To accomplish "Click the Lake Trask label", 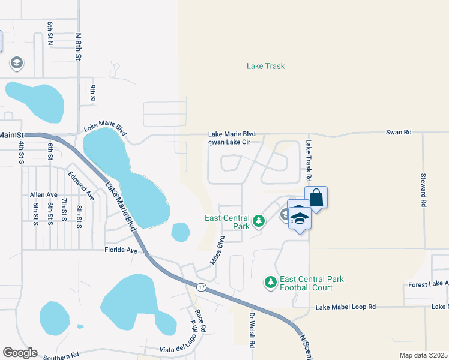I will pyautogui.click(x=265, y=66).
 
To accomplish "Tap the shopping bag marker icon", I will pyautogui.click(x=316, y=198).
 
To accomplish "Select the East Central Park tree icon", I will pyautogui.click(x=259, y=221).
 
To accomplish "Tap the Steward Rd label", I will pyautogui.click(x=423, y=191).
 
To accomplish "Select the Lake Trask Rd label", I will pyautogui.click(x=309, y=161).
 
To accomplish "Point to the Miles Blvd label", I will pyautogui.click(x=217, y=250).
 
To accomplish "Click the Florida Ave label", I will pyautogui.click(x=122, y=250).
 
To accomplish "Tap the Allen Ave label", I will pyautogui.click(x=43, y=195).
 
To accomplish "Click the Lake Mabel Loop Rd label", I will pyautogui.click(x=346, y=307).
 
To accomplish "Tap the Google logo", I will pyautogui.click(x=19, y=353).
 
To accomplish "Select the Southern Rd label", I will pyautogui.click(x=61, y=356).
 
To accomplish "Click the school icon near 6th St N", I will pyautogui.click(x=16, y=62).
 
